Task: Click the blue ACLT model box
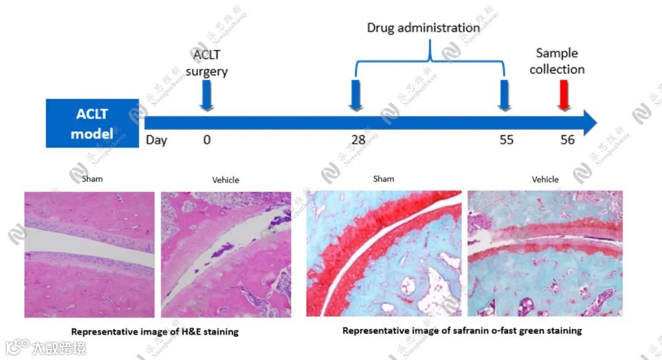point(92,123)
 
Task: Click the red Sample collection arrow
point(563,96)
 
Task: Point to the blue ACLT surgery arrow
point(207,96)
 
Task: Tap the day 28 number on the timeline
point(358,140)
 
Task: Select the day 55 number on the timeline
point(506,140)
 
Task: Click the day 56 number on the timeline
point(568,140)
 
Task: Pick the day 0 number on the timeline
point(207,140)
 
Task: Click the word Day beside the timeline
point(156,140)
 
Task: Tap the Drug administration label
point(423,28)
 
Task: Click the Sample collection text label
point(557,61)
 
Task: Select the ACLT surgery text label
point(210,63)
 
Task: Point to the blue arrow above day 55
point(504,96)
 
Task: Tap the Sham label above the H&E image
point(93,179)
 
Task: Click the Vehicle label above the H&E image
point(226,180)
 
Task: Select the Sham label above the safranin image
point(384,179)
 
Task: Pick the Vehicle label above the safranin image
point(545,179)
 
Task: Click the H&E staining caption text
point(154,332)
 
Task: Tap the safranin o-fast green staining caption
point(462,331)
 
